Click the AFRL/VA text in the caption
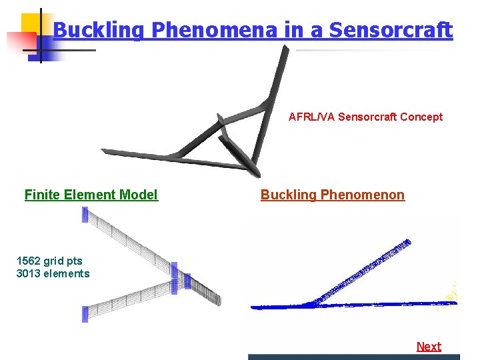(311, 117)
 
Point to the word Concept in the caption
(421, 117)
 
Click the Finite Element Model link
(91, 195)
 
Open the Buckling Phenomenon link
(332, 195)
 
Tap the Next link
(429, 347)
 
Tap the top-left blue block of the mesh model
(85, 214)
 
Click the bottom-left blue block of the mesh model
(85, 314)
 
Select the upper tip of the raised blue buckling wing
(407, 242)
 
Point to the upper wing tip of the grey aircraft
(285, 50)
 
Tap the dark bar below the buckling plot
(353, 357)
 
